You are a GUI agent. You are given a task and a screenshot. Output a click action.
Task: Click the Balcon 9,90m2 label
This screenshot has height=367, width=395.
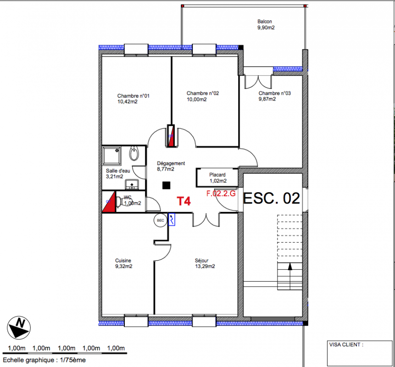266,25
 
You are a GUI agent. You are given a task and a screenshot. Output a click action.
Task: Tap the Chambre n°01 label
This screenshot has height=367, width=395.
133,99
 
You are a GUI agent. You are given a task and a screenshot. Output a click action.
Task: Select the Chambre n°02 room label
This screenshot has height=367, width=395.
202,96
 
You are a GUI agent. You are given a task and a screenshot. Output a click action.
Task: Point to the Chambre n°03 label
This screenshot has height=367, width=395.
274,96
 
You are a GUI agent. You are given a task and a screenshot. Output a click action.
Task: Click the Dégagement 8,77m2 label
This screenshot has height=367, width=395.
171,166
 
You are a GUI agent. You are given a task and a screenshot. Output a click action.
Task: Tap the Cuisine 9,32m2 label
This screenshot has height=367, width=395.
123,263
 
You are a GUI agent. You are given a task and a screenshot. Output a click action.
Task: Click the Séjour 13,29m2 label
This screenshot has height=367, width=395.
205,263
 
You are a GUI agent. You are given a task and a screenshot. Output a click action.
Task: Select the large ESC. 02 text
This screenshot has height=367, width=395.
272,198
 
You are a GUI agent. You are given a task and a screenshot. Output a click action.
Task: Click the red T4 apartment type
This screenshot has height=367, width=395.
184,201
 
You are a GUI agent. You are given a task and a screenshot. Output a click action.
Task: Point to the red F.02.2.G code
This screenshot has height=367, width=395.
221,194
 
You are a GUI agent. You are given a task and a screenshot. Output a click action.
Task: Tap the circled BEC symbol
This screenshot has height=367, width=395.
161,220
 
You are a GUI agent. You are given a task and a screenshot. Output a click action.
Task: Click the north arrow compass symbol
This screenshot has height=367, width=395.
19,328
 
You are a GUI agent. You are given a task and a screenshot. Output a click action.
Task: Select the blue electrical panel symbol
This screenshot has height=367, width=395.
172,220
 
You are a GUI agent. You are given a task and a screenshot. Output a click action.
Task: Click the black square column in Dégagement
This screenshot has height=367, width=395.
166,185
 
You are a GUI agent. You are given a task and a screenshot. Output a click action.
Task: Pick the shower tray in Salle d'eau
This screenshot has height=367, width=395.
111,156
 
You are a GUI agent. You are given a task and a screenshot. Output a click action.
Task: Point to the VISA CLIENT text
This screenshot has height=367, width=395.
346,345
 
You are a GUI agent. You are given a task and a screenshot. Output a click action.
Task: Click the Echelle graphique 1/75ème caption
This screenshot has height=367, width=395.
45,360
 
